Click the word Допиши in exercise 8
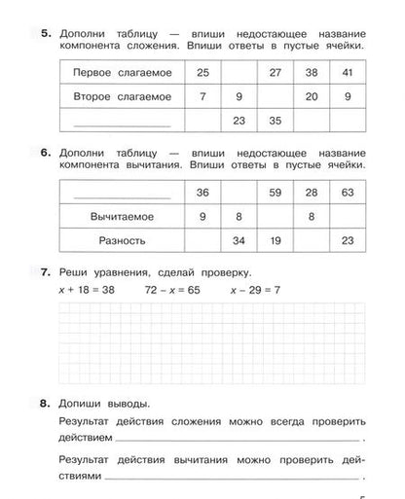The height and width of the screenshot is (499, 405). point(81,400)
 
